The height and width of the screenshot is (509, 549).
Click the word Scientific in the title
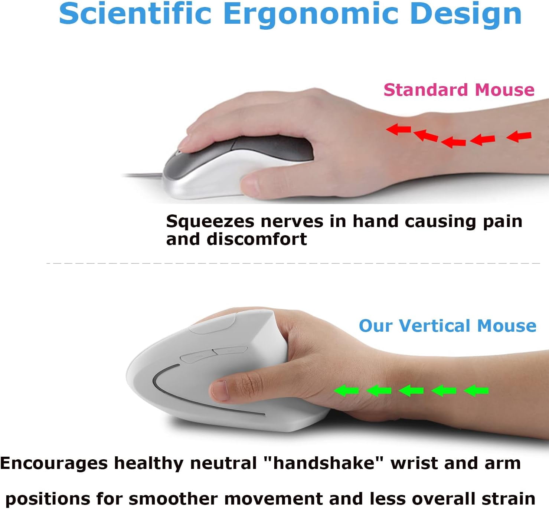(x=135, y=14)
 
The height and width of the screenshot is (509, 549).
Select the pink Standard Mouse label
(x=459, y=90)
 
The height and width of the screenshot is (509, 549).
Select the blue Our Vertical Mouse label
(x=447, y=326)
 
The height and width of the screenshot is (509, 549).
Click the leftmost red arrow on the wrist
(x=398, y=129)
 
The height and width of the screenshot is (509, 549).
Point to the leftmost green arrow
(x=346, y=390)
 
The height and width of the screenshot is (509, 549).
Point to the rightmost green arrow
(x=476, y=390)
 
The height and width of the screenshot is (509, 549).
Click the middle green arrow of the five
(x=411, y=390)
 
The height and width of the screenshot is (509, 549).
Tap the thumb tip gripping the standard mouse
(x=250, y=184)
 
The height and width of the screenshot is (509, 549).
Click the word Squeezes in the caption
(x=210, y=221)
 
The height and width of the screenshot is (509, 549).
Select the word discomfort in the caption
(x=256, y=239)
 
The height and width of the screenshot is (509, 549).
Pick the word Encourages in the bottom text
(x=54, y=463)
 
